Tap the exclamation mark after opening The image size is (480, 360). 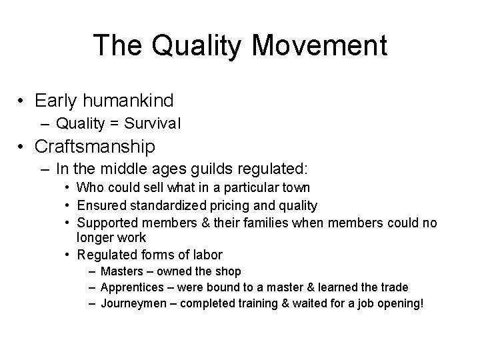point(421,304)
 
